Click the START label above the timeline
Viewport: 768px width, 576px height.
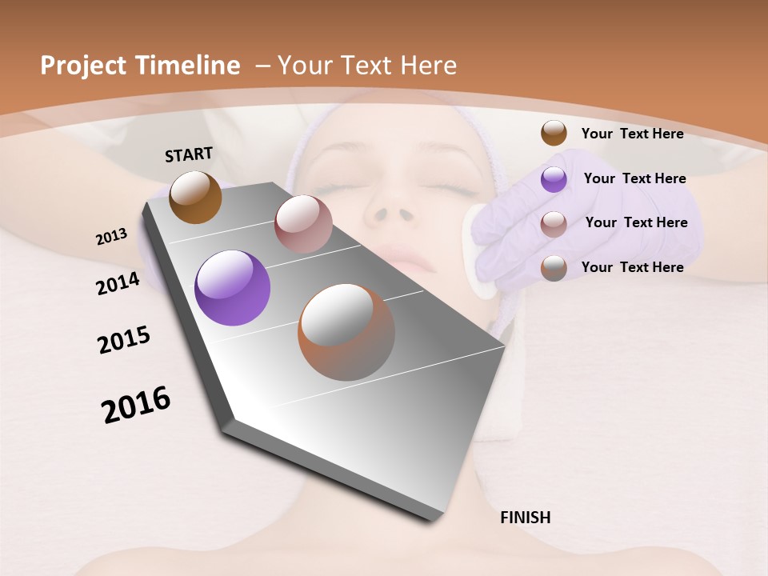(189, 154)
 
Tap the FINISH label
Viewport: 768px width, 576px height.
(525, 518)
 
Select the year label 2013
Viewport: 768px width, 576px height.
(111, 237)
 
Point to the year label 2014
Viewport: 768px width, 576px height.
(118, 283)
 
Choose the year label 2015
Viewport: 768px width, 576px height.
(123, 340)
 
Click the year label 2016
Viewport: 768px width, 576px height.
(136, 405)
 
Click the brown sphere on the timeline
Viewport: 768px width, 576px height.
(195, 197)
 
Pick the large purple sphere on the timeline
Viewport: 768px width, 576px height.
(232, 288)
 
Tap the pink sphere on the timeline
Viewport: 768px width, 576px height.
(303, 224)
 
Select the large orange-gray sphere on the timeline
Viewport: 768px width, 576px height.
(346, 332)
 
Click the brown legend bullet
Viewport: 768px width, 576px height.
(554, 134)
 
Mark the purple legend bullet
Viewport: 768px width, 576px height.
(554, 179)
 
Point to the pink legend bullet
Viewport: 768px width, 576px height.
(554, 224)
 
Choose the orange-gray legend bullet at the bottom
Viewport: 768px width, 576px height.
(554, 268)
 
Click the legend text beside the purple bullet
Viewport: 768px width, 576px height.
(634, 178)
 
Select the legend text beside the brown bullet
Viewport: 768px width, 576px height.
(632, 134)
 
